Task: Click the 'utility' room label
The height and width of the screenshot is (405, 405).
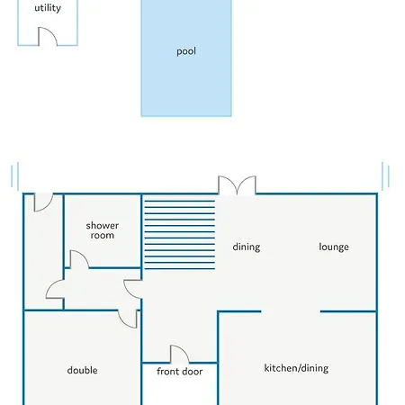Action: click(48, 8)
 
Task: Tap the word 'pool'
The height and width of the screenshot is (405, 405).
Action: click(186, 51)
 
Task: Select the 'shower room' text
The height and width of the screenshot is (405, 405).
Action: click(103, 230)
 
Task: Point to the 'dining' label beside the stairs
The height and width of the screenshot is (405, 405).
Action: click(247, 247)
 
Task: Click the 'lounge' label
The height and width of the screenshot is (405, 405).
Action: click(334, 247)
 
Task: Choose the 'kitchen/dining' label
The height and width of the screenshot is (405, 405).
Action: click(296, 368)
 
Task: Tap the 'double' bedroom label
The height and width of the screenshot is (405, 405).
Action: click(82, 370)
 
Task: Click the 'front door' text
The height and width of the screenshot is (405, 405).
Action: click(179, 372)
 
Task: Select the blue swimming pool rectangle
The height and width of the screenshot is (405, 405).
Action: click(186, 58)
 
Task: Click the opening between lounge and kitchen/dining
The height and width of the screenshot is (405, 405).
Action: click(291, 311)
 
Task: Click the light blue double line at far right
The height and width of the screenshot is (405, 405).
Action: click(386, 176)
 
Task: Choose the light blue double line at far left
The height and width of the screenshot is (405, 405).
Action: click(15, 176)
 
